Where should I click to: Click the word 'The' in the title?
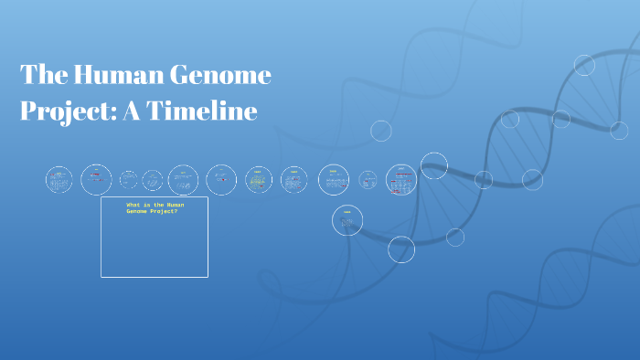(41, 75)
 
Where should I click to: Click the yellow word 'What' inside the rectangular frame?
(133, 205)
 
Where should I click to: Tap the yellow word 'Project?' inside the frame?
(165, 211)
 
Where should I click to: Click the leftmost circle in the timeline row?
(59, 180)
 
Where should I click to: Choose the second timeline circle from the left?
(96, 180)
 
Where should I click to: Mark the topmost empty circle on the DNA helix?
(584, 65)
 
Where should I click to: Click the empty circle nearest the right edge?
(619, 131)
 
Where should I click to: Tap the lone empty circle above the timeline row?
(381, 131)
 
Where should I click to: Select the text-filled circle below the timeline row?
(347, 220)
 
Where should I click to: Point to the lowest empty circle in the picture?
(401, 249)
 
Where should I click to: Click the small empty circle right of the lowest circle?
(455, 238)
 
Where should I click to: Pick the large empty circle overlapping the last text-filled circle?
(433, 165)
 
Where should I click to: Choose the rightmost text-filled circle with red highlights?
(400, 180)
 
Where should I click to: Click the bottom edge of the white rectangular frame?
(155, 276)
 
